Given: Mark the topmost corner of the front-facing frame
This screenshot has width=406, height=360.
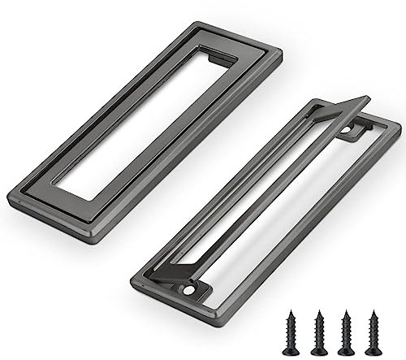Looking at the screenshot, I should (x=197, y=24).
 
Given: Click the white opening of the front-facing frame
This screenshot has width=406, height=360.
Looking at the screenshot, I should (x=146, y=122).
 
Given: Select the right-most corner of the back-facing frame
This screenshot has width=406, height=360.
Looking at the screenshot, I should (x=399, y=126).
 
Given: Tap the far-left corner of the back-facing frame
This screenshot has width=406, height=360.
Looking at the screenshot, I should (x=132, y=280).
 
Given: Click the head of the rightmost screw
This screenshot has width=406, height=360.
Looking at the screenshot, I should (x=374, y=313).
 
